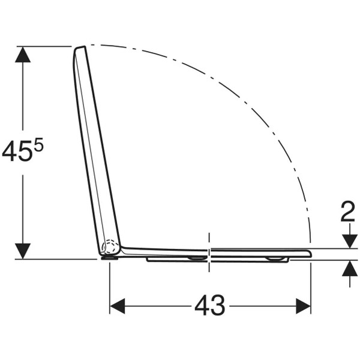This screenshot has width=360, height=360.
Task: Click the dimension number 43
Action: click(x=209, y=306)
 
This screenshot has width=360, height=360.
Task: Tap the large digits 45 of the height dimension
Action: click(x=17, y=151)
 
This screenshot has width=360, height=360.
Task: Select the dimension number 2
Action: click(x=348, y=212)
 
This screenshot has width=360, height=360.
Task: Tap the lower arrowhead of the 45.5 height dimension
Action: click(x=23, y=251)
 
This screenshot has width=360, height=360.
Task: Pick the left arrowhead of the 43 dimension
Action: click(x=118, y=306)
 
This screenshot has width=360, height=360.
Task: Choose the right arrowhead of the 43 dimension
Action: click(x=303, y=306)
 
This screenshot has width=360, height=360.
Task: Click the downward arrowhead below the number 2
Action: click(x=350, y=241)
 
